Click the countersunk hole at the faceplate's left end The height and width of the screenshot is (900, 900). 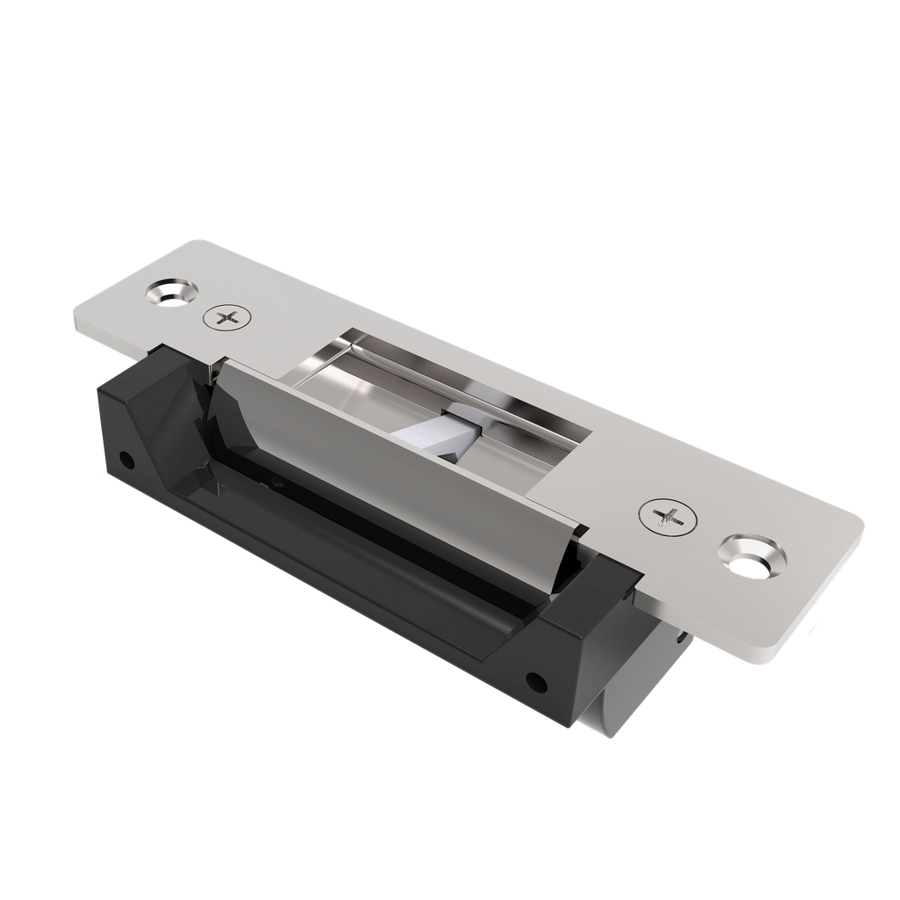[x=171, y=291]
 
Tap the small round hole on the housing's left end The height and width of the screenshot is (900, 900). [x=127, y=459]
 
